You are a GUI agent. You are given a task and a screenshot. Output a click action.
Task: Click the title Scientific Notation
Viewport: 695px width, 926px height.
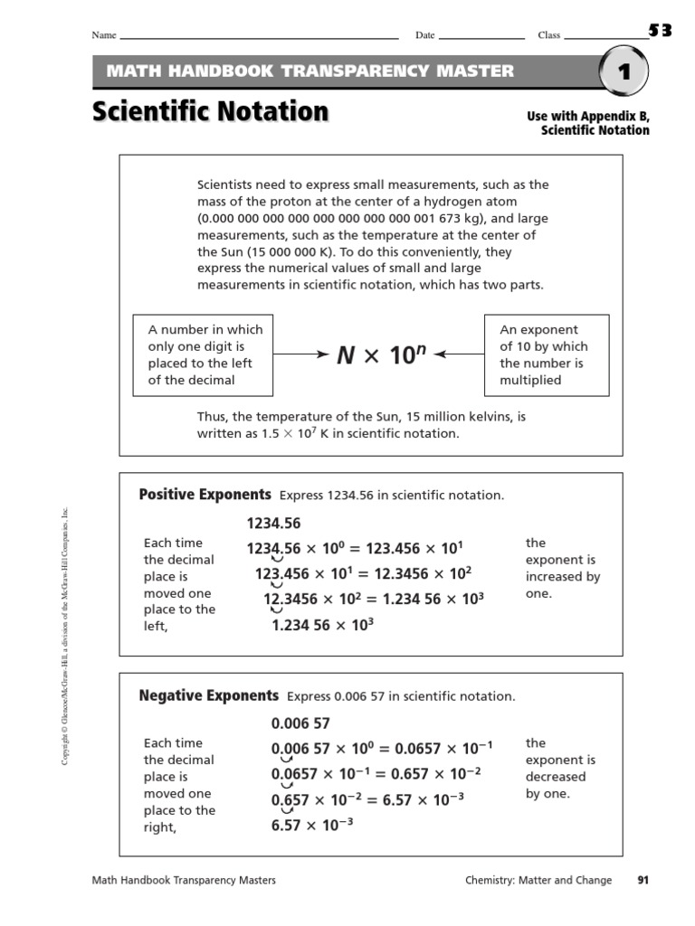coord(209,113)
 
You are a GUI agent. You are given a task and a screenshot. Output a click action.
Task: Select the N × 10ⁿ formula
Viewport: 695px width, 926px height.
coord(382,355)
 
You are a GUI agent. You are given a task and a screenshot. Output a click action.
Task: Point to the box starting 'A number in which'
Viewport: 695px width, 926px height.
coord(203,355)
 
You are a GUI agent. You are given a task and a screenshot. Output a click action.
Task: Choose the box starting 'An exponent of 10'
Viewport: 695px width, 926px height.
coord(547,355)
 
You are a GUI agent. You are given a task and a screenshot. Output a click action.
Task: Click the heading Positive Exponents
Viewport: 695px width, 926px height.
coord(205,495)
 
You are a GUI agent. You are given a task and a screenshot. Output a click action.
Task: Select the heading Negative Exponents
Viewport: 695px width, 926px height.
coord(208,695)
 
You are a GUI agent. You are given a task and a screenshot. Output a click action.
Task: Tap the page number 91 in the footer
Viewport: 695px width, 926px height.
coord(644,880)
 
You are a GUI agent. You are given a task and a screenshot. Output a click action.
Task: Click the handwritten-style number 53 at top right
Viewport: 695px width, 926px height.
coord(660,31)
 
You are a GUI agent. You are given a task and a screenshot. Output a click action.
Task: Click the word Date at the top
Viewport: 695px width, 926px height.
coord(424,35)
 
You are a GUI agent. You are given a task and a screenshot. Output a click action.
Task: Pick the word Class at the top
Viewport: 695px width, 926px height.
coord(549,35)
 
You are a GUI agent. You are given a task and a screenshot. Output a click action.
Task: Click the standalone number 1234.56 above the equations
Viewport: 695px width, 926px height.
coord(273,524)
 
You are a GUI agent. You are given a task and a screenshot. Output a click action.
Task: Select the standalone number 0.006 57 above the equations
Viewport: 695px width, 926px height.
coord(300,723)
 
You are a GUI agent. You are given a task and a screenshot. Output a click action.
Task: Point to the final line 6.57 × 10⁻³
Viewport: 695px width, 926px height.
coord(312,825)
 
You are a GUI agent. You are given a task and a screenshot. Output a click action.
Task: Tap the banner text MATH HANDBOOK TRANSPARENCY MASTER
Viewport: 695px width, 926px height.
coord(310,71)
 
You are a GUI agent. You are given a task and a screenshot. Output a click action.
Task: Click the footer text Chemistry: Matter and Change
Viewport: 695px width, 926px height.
coord(538,880)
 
